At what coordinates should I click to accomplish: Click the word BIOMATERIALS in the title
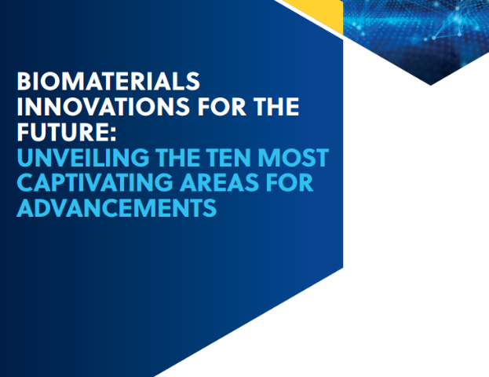coord(108,81)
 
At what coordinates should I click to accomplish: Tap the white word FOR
coord(221,106)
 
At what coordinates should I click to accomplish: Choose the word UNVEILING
coord(83,157)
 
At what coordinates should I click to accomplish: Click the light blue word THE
coord(178,157)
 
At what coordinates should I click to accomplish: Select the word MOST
coord(293,157)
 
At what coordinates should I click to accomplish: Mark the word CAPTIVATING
coord(95,182)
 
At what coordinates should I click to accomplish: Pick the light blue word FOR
coord(290,182)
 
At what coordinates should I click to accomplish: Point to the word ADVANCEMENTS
coord(117,208)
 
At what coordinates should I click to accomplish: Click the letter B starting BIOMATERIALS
coord(24,81)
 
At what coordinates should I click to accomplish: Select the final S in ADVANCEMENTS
coord(210,208)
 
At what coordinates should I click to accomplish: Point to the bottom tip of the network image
coord(431,85)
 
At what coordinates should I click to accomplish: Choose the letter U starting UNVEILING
coord(25,158)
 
